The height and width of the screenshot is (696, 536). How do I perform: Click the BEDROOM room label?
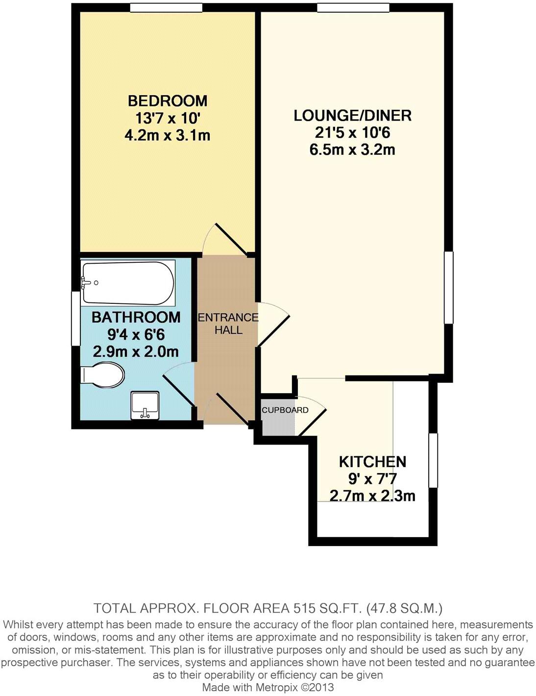[168, 101]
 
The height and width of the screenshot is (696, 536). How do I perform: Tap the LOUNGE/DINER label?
[352, 116]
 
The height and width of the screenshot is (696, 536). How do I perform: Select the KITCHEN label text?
[372, 462]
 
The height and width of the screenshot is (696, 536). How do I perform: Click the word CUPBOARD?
[285, 410]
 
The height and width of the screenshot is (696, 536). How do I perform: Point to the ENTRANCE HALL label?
[228, 323]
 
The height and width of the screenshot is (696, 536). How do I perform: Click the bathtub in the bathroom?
[128, 283]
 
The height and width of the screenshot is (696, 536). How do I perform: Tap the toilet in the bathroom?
[103, 375]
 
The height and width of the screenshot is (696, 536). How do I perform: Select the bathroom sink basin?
[145, 405]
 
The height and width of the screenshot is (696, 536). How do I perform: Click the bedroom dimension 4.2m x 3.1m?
[168, 135]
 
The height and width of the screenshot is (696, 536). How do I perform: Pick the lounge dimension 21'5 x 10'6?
[352, 133]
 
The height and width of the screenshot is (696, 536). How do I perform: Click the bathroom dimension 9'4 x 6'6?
[136, 335]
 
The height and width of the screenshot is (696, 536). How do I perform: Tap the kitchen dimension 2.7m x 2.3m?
[372, 496]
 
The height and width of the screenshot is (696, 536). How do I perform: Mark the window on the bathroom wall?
[75, 319]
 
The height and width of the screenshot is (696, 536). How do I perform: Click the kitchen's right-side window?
[433, 460]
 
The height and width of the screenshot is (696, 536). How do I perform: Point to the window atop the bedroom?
[166, 7]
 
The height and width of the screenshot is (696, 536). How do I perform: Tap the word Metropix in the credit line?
[277, 687]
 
